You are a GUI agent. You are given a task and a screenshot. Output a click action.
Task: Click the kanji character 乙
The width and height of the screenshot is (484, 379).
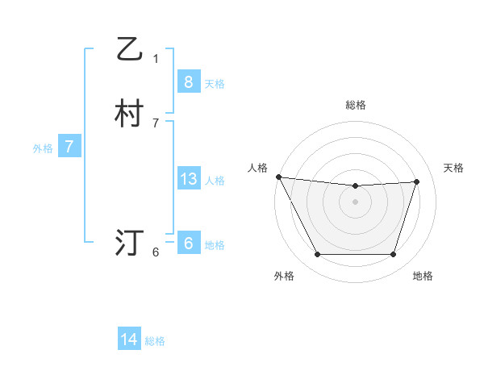click(128, 50)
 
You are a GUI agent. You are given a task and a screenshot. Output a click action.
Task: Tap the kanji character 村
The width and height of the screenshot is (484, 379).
click(128, 114)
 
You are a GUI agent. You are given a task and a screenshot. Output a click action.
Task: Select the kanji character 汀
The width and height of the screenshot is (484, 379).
click(128, 242)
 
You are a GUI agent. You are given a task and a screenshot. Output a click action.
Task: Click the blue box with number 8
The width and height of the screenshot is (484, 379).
click(188, 81)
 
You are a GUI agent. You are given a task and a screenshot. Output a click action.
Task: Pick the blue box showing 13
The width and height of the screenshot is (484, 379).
click(188, 179)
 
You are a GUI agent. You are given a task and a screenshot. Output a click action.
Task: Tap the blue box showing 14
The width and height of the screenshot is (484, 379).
click(129, 339)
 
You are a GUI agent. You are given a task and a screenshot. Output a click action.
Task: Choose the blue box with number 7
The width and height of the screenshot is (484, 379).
click(69, 147)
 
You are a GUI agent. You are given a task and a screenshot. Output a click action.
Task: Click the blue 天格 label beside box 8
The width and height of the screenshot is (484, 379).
click(215, 83)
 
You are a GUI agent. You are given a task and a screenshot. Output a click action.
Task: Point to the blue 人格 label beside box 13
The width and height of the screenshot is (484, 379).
click(215, 181)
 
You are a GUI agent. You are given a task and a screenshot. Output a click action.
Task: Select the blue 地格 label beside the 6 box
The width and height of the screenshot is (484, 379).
click(215, 245)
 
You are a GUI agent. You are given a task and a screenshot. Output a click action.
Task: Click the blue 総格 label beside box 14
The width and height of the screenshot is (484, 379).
click(155, 341)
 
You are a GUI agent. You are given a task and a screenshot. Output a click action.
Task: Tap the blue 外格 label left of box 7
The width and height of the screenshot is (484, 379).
click(43, 148)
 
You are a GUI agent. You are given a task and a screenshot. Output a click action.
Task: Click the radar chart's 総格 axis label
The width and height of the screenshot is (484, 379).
click(355, 105)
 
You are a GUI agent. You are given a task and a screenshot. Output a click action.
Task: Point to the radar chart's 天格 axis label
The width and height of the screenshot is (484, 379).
click(454, 168)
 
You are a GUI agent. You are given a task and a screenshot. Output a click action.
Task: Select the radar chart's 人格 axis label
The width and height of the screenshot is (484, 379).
click(257, 168)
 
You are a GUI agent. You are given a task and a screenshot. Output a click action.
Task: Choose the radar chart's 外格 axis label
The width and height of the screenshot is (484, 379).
click(284, 277)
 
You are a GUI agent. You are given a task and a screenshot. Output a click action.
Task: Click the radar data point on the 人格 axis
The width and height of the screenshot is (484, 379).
click(278, 177)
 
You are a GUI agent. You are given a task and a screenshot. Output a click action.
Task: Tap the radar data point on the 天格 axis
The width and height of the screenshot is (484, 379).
click(417, 181)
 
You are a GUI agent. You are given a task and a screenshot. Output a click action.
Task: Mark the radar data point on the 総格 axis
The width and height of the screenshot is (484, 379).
click(355, 186)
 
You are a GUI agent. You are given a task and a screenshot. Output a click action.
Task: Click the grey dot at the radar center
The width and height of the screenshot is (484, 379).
click(355, 202)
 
